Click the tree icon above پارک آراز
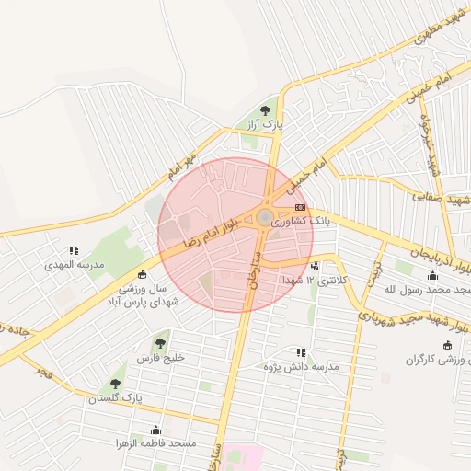point(269,109)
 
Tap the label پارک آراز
point(268,123)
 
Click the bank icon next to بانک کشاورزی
point(301,209)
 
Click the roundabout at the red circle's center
point(264,217)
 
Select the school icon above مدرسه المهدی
point(73,250)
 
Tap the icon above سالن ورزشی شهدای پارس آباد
point(142,274)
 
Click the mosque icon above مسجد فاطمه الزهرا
point(155,431)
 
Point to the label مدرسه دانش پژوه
point(300,367)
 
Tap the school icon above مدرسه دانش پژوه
point(301,352)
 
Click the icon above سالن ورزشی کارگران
point(447,346)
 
